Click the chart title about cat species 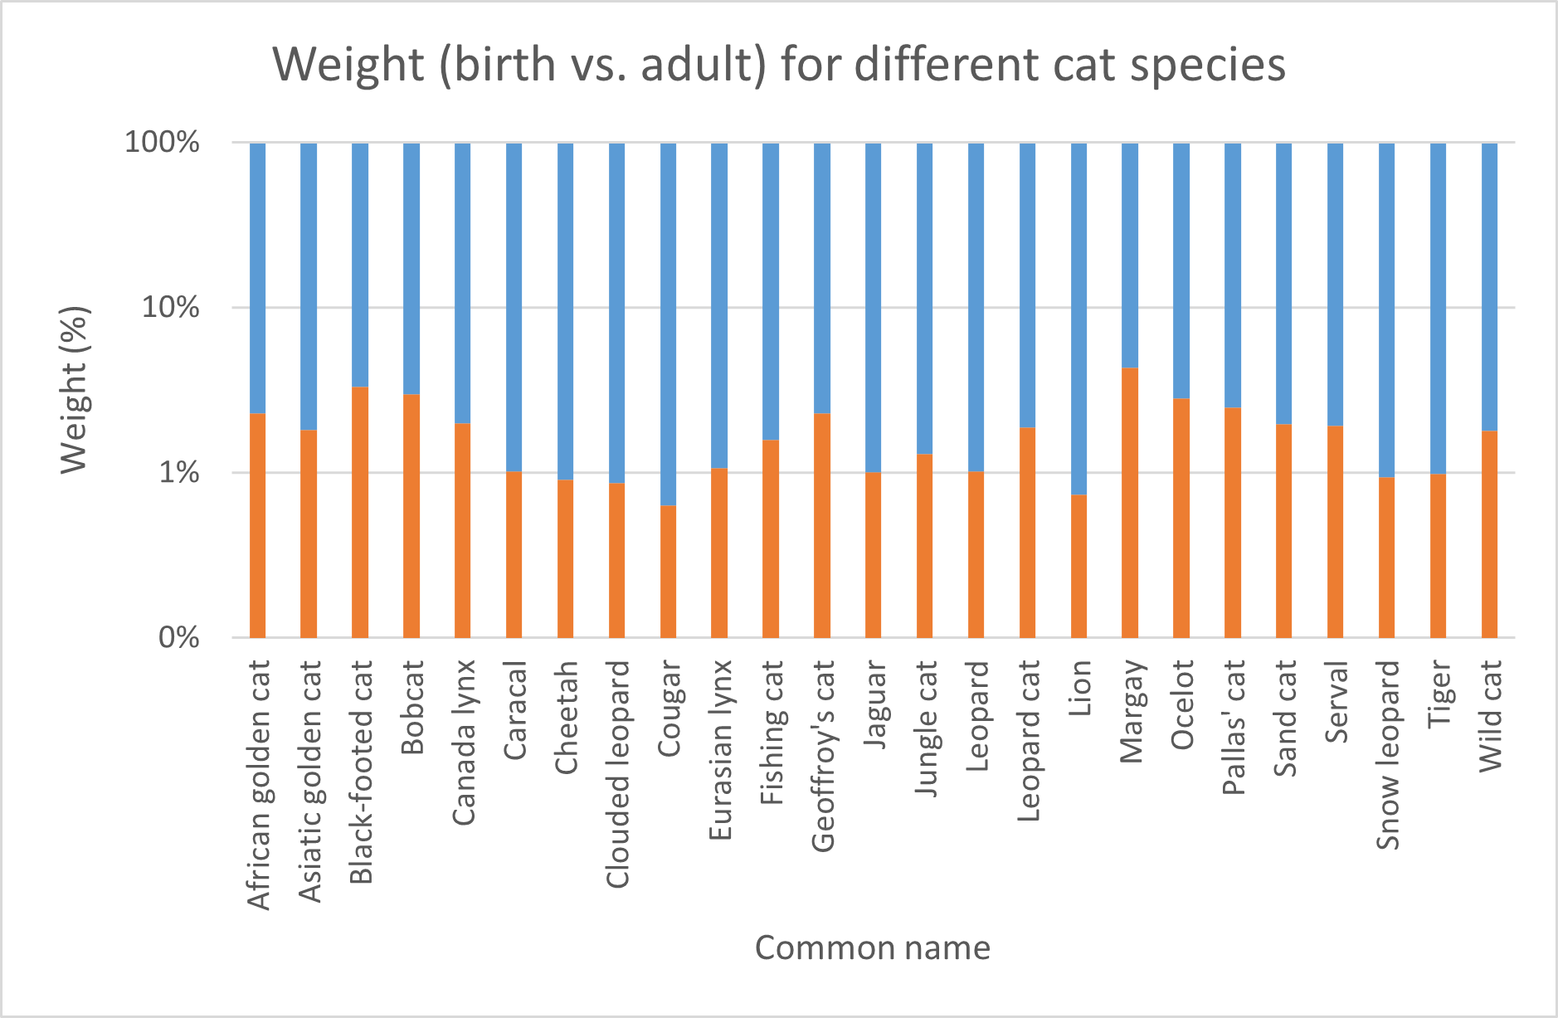pos(778,65)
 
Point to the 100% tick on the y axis pos(163,143)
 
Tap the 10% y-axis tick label pos(171,308)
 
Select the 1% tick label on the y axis pos(179,473)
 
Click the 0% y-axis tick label pos(179,638)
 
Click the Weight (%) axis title pos(75,390)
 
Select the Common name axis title pos(872,948)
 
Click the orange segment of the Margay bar pos(1130,503)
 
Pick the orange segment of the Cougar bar pos(668,572)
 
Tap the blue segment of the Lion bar pos(1078,319)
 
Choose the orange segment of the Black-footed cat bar pos(360,512)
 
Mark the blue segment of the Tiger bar pos(1438,308)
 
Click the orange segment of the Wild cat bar pos(1489,534)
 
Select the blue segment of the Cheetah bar pos(565,311)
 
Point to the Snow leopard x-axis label pos(1388,755)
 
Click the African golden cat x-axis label pos(259,785)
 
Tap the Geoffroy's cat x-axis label pos(823,756)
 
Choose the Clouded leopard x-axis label pos(617,774)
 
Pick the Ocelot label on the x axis pos(1182,704)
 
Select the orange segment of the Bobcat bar pos(411,516)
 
